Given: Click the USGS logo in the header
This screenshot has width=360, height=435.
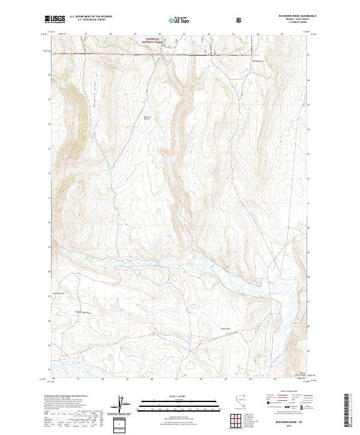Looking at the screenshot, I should point(55,19).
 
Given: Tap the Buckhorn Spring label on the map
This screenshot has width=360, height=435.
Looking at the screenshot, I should point(146,118).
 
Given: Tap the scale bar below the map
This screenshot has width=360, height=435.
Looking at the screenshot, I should point(179,408).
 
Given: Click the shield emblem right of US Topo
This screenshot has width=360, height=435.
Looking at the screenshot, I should point(206,19).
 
